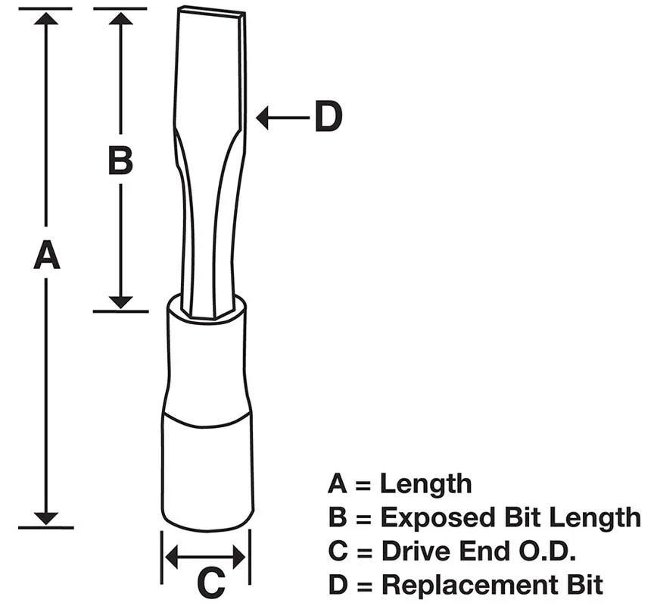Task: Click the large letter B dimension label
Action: [x=120, y=160]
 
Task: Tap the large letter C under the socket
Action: [x=211, y=581]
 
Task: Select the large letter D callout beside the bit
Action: [x=329, y=117]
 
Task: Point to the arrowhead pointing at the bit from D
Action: [x=262, y=117]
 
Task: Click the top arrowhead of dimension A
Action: [x=46, y=19]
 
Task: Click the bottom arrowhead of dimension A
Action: [x=46, y=518]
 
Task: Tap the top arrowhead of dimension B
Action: [x=120, y=19]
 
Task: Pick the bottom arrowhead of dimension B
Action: [x=120, y=303]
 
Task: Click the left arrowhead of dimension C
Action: [x=172, y=557]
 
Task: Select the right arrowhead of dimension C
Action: [x=239, y=557]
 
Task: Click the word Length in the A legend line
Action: [x=426, y=484]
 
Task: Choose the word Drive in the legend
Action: [x=418, y=551]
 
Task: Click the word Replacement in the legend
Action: [x=472, y=585]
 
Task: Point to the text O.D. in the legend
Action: [x=547, y=551]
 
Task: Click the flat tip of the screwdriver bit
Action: [x=211, y=12]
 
